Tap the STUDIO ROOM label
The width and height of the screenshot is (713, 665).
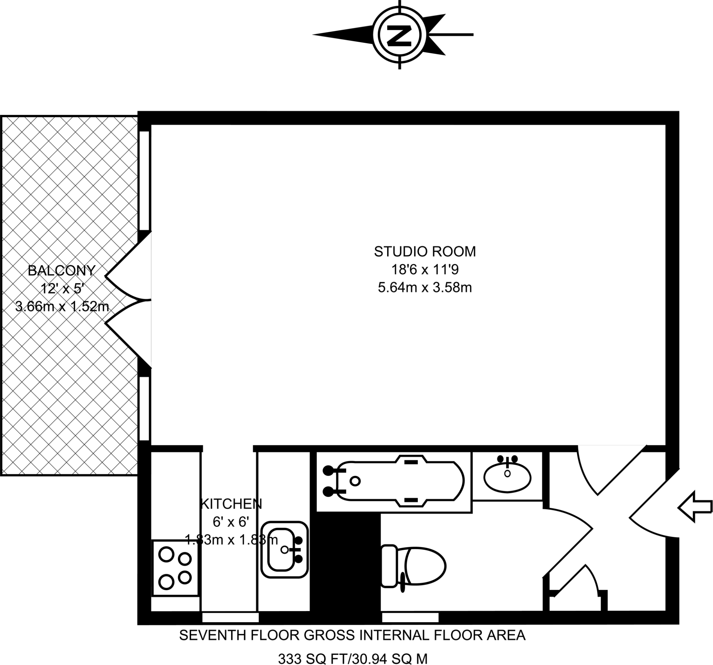(425, 252)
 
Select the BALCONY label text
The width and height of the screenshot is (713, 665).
(62, 271)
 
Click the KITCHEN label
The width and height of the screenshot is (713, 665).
(231, 504)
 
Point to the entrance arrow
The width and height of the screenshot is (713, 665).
(694, 507)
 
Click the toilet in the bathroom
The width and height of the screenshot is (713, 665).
(413, 566)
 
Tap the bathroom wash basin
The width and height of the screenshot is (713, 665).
(507, 477)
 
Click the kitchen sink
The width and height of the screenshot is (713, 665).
(284, 549)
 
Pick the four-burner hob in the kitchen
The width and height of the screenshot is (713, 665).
(175, 568)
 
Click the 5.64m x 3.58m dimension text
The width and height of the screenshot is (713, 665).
(425, 288)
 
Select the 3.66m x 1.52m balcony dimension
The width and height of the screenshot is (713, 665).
(62, 307)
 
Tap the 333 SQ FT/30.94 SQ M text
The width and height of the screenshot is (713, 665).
(353, 658)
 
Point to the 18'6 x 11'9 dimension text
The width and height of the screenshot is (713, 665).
(425, 270)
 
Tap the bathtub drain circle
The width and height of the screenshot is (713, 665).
(355, 481)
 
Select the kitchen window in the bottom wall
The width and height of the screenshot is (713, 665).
(230, 617)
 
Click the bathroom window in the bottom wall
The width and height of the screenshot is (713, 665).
(410, 617)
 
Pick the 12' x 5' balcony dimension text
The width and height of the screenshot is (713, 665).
(62, 288)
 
